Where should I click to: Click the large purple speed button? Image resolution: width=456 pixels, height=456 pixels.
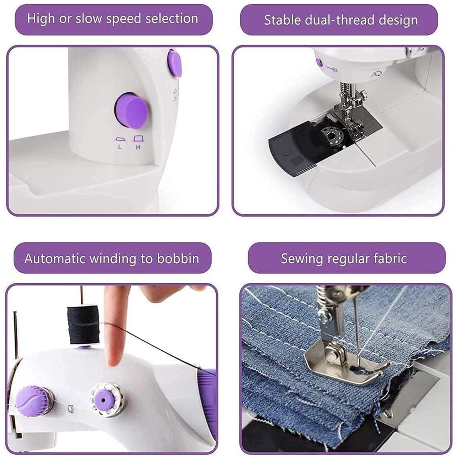(x=131, y=111)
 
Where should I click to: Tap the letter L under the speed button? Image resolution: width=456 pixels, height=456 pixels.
(x=120, y=146)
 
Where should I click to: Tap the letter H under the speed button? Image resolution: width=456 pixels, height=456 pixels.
(x=137, y=146)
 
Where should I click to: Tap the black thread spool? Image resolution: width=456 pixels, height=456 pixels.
(x=83, y=324)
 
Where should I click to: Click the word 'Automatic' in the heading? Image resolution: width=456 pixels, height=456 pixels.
(x=54, y=259)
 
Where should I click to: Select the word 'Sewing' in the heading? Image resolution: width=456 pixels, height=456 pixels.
(x=301, y=259)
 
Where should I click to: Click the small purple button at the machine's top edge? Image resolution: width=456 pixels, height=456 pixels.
(x=174, y=63)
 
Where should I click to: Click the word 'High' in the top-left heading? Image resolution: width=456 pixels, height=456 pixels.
(x=41, y=19)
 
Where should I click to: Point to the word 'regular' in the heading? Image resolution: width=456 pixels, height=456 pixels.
(x=346, y=259)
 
